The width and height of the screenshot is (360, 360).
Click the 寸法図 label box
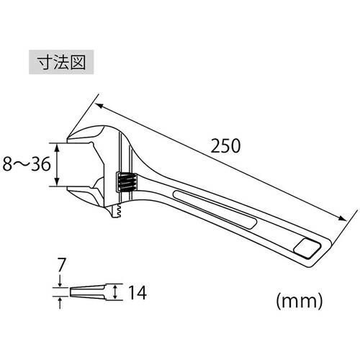point(60,62)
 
